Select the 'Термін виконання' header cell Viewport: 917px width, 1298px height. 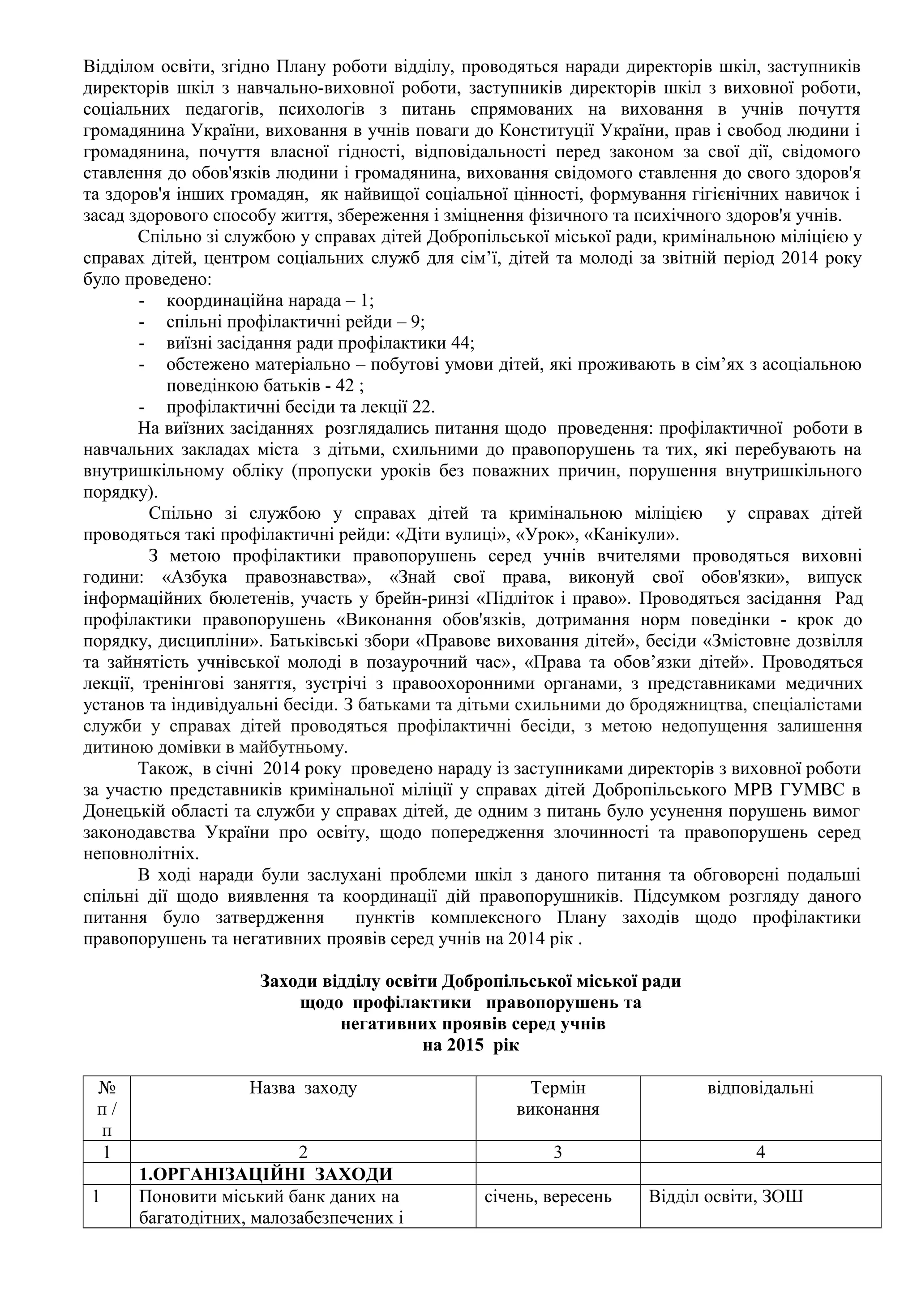click(x=557, y=1098)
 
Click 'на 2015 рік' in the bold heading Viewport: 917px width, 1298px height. click(x=471, y=1045)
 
